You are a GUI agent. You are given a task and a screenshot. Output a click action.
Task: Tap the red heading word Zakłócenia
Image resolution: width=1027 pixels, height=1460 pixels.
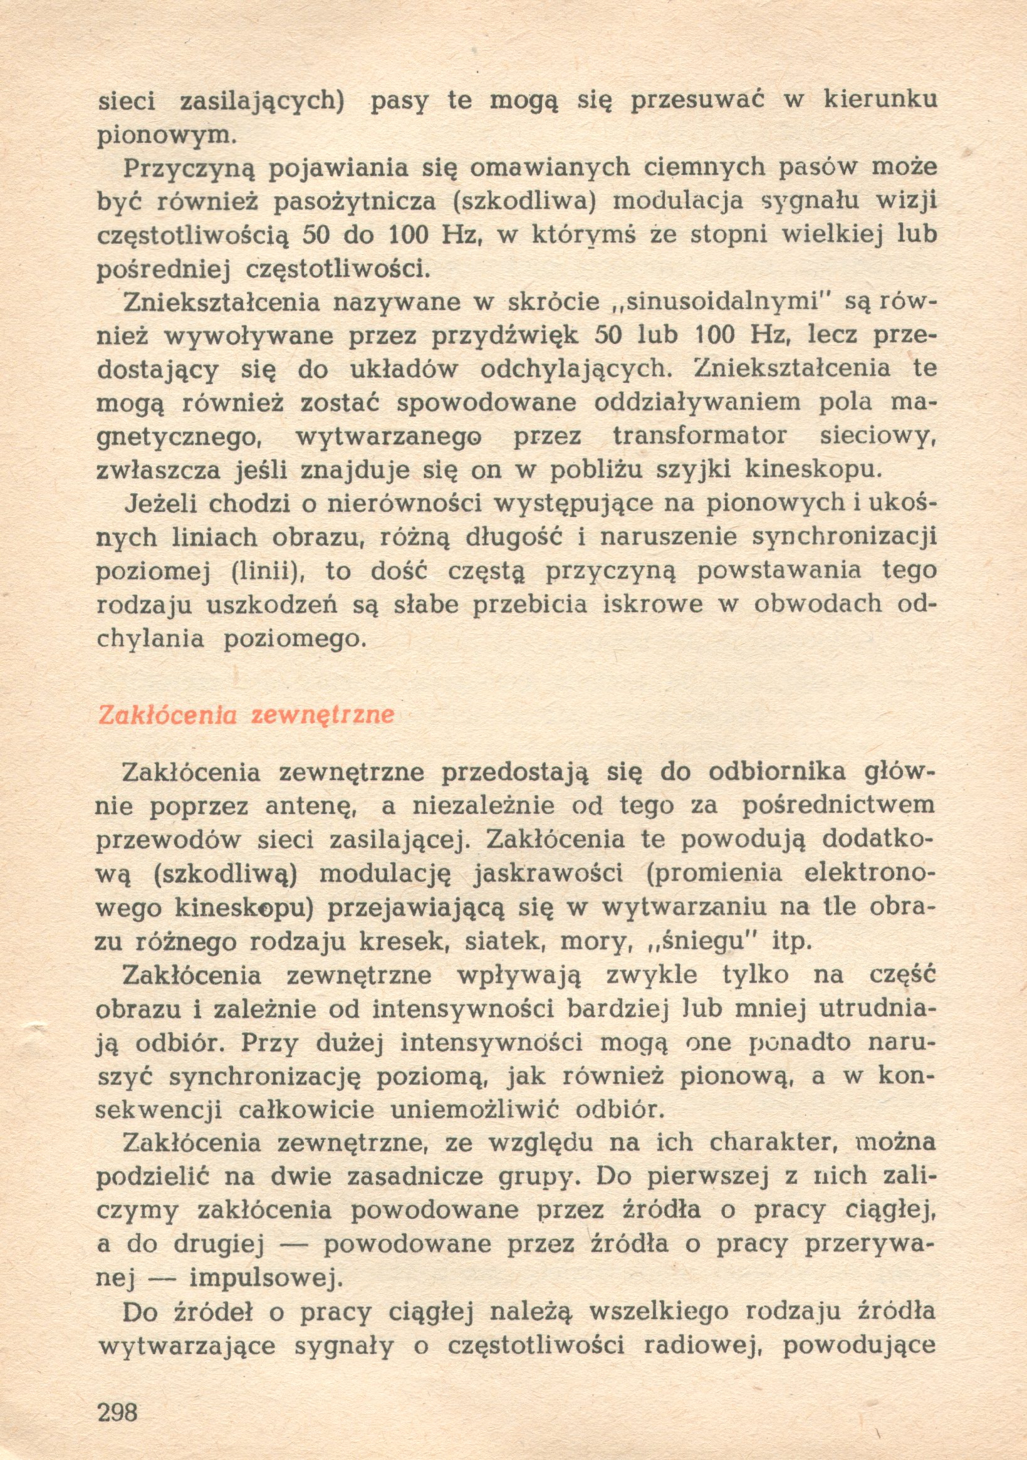[x=167, y=716]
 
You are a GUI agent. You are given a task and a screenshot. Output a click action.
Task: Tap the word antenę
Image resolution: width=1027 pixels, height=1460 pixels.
[x=305, y=806]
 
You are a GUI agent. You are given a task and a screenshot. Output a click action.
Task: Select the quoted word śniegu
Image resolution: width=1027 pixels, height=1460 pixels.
[x=705, y=941]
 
